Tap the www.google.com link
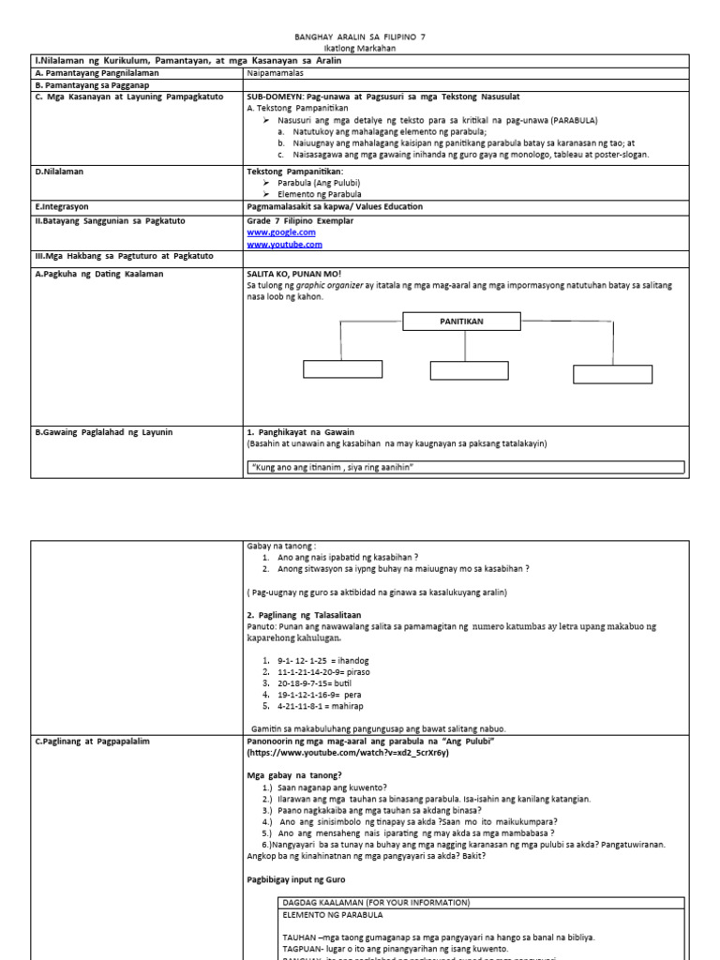pos(281,232)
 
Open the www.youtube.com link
pos(284,244)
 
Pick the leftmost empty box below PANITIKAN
pos(342,369)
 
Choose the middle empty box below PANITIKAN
pos(469,370)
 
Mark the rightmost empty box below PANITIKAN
pos(611,374)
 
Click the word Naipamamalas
pos(277,72)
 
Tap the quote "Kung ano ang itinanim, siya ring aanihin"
pos(333,467)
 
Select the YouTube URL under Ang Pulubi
pos(348,752)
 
